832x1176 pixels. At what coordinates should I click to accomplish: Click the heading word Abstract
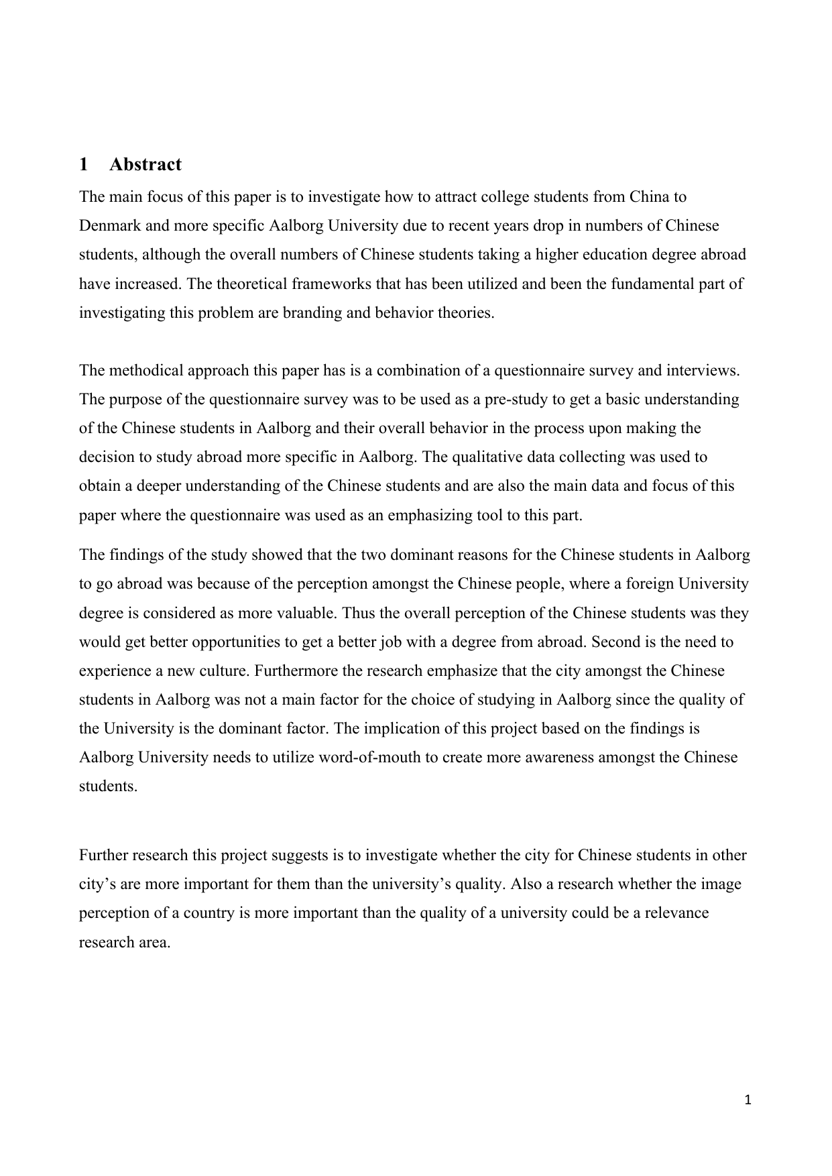[x=145, y=164]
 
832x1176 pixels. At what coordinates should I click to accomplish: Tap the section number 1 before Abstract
[x=83, y=164]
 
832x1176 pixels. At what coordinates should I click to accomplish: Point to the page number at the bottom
[x=749, y=1100]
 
